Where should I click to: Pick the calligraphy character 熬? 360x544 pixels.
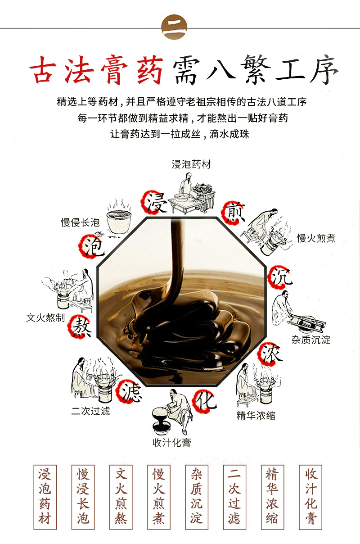pos(81,328)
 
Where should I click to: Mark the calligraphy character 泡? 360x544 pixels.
pos(93,246)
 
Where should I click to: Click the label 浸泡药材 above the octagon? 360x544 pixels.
pos(191,164)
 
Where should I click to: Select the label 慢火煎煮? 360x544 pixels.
pos(316,238)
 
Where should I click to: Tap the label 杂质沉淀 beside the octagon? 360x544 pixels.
pos(311,340)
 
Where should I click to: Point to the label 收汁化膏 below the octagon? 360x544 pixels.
pos(171,442)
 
